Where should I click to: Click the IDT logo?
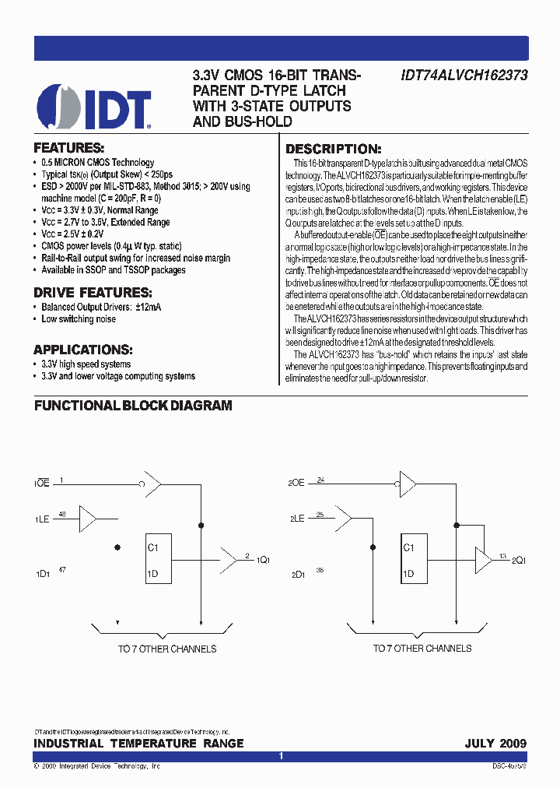coord(94,107)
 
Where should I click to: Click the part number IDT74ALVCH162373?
coord(464,76)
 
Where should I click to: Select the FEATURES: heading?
coord(68,148)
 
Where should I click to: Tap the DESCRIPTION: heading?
coord(333,150)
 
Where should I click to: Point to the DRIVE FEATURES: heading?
coord(92,293)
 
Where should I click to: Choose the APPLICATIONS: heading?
coord(82,350)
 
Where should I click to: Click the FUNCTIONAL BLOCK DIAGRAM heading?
coord(133,406)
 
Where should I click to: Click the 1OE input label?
coord(42,484)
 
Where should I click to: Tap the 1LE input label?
coord(42,519)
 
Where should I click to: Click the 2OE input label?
coord(296,484)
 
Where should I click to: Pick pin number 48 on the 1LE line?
coord(63,514)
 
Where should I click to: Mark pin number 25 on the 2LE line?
coord(320,514)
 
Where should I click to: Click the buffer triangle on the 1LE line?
coord(88,518)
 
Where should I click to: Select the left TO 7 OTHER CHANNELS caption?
coord(166,649)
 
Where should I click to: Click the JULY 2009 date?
coord(495,744)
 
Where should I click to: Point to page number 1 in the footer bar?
coord(281,756)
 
